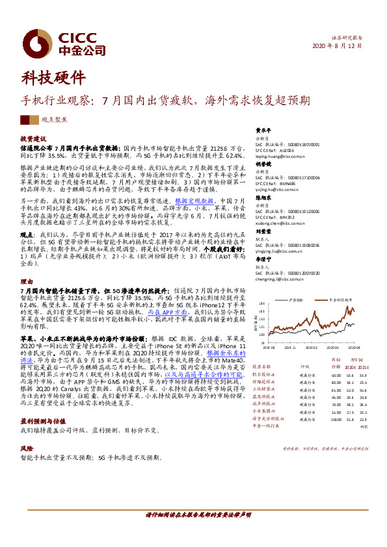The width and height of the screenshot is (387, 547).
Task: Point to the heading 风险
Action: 26,448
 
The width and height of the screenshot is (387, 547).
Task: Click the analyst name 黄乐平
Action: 262,129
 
